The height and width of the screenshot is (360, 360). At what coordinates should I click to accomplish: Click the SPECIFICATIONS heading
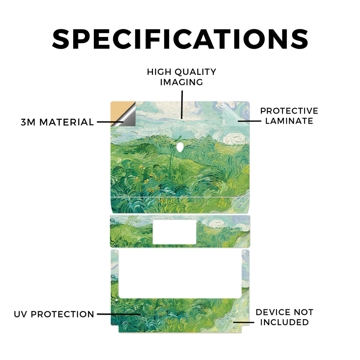(x=180, y=39)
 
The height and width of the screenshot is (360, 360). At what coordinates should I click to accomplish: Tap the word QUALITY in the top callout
(x=195, y=72)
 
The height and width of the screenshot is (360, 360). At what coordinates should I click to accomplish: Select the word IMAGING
(x=182, y=82)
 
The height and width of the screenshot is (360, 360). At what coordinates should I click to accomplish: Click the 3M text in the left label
(x=28, y=122)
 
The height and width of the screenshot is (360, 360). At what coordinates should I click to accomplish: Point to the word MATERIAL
(x=66, y=122)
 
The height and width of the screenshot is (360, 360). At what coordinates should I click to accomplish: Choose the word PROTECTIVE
(x=289, y=111)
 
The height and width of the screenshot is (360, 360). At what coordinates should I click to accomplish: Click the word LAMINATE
(x=289, y=121)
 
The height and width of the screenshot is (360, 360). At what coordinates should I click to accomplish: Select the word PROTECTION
(x=63, y=314)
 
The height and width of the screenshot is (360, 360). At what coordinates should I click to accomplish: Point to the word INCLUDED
(x=284, y=322)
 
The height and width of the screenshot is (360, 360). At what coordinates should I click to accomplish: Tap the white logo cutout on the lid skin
(x=180, y=147)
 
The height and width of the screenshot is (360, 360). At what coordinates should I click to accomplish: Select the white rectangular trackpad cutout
(x=174, y=232)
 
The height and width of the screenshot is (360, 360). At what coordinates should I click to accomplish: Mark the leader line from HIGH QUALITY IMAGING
(x=182, y=105)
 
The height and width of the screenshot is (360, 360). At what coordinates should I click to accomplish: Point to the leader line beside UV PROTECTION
(x=119, y=314)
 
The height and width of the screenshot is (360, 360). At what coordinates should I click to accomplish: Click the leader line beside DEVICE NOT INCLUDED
(x=244, y=322)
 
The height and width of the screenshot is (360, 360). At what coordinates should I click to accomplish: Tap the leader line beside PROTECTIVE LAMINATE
(x=250, y=121)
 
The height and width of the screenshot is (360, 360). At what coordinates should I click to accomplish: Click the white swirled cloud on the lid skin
(x=234, y=138)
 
